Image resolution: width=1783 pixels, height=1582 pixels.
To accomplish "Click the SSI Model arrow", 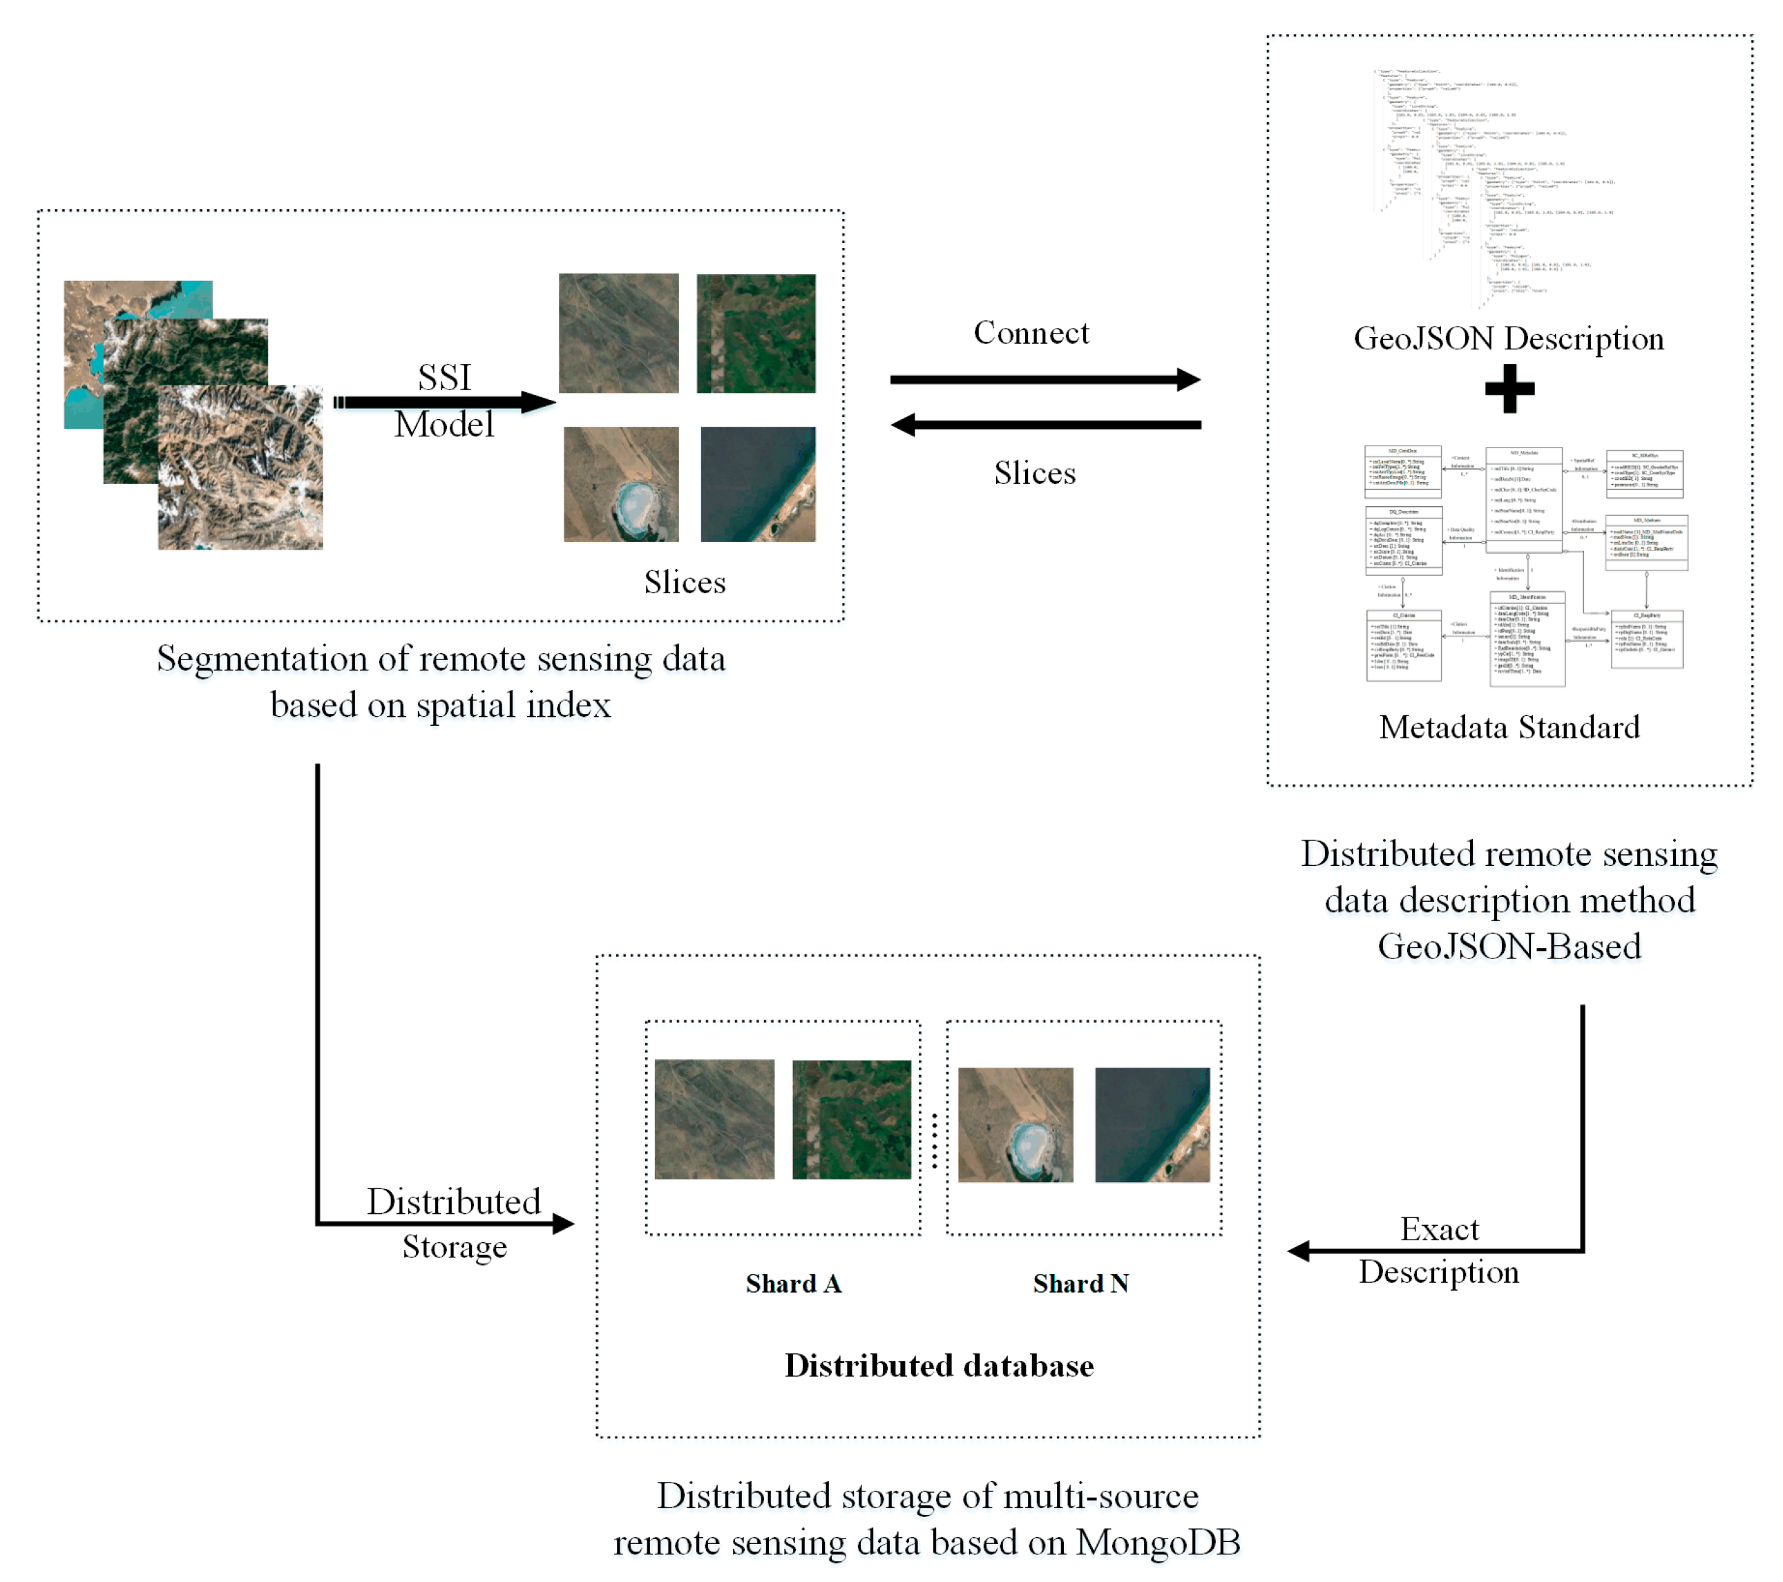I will click(x=445, y=402).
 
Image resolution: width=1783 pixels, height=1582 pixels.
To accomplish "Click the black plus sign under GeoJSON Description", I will click(x=1509, y=389).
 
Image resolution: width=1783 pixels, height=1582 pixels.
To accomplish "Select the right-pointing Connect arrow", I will click(x=1045, y=379).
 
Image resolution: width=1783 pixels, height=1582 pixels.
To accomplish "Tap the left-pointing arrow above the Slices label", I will click(x=1045, y=425).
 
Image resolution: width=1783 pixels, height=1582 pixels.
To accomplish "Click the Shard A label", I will click(x=793, y=1283).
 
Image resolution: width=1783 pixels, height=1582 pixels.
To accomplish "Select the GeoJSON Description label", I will click(x=1508, y=338).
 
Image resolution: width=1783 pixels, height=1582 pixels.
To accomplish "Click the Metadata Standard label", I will click(x=1508, y=726).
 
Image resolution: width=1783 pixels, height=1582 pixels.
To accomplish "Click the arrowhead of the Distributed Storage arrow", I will click(x=564, y=1224).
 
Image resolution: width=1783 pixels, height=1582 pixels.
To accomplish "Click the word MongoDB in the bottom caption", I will click(x=1158, y=1542).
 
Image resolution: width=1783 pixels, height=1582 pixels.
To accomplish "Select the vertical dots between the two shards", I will click(x=934, y=1141).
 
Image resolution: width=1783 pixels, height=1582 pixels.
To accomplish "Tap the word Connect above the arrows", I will click(x=1031, y=332).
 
